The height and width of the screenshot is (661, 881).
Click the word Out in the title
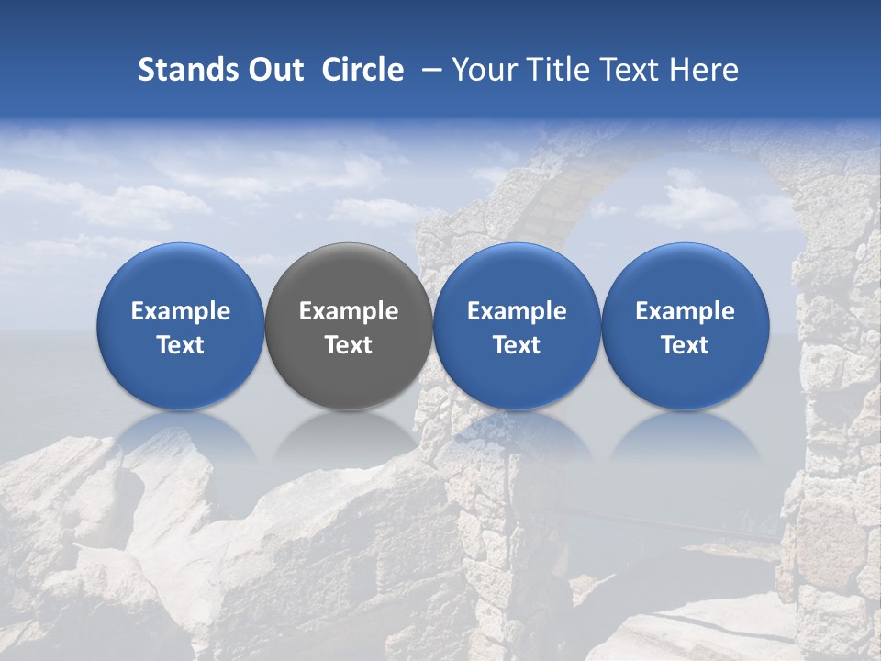273,70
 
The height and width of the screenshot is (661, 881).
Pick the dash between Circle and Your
428,70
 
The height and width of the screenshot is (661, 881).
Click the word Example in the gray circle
349,311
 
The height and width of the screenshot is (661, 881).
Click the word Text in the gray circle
349,345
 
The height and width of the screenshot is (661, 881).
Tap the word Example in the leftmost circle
181,311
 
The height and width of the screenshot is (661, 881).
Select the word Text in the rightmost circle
686,345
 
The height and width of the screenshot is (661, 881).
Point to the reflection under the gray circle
349,435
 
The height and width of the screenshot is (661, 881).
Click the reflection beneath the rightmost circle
686,435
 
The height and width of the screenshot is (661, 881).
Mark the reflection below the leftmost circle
181,435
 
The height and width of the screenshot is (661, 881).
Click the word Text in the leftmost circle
181,345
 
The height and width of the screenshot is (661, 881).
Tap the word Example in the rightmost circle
686,311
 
